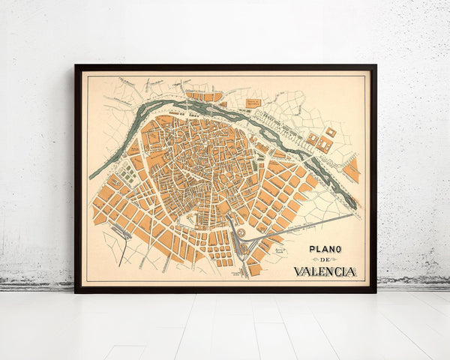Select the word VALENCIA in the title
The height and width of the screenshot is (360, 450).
325,271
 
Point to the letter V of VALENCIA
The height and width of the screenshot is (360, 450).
298,271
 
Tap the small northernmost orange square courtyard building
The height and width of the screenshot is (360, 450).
331,132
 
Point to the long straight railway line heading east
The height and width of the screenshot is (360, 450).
300,228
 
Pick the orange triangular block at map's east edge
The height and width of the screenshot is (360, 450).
351,171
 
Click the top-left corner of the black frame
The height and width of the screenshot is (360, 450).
76,67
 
